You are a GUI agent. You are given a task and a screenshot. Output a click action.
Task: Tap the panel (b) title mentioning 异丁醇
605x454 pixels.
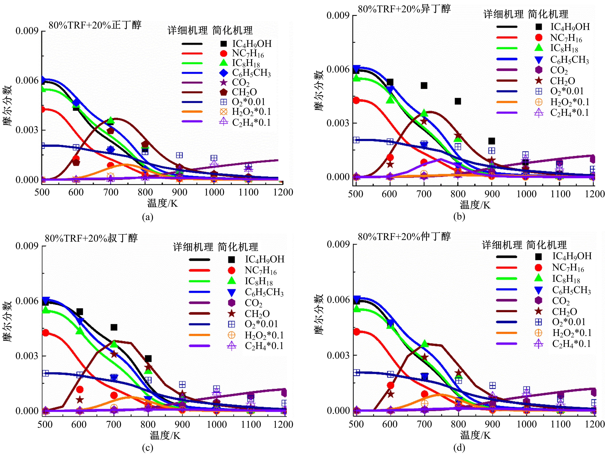[x=404, y=9]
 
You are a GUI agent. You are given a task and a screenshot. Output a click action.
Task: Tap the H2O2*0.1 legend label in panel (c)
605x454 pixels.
[x=264, y=335]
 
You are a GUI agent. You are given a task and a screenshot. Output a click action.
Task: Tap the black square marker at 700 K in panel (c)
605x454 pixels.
[x=114, y=327]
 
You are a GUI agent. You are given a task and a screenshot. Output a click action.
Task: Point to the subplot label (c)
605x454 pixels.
[x=148, y=448]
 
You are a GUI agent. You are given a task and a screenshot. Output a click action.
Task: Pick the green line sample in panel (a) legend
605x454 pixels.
[x=192, y=63]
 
